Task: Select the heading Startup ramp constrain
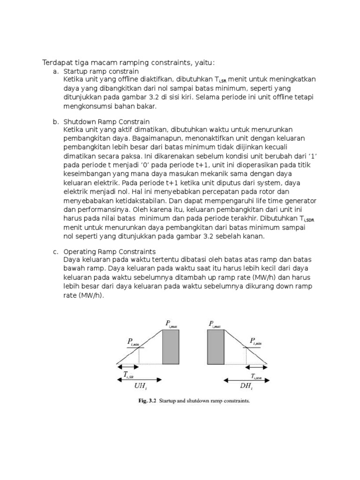point(101,71)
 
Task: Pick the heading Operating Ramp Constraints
point(109,252)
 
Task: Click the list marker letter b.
point(55,122)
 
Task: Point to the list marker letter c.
point(55,252)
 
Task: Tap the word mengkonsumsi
point(85,106)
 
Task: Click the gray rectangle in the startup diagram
point(170,346)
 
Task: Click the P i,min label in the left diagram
point(133,342)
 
